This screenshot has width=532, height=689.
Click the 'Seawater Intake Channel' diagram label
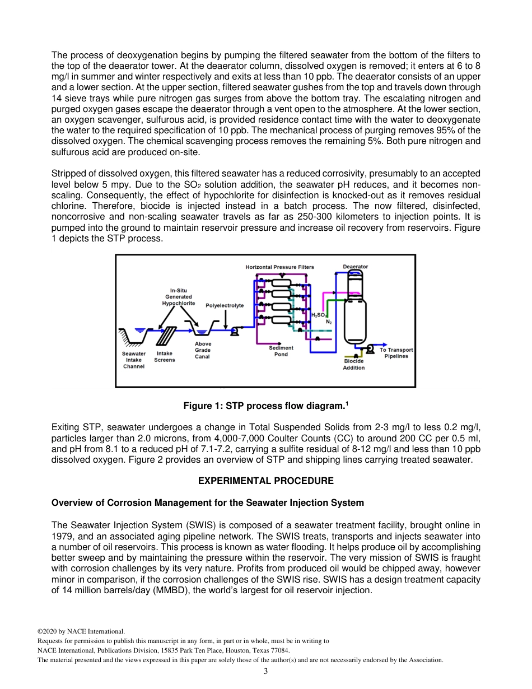tap(134, 360)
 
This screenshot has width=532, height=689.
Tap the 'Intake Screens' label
tap(165, 356)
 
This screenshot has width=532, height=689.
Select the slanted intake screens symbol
tap(166, 336)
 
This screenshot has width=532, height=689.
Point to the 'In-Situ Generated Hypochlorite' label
tap(178, 296)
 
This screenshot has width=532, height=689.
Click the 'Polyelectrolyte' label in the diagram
tap(225, 305)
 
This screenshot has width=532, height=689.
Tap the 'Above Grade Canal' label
tap(203, 350)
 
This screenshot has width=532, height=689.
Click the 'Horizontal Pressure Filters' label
tap(279, 267)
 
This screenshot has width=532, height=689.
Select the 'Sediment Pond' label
tap(281, 351)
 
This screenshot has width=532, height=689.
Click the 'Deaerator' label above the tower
tap(355, 267)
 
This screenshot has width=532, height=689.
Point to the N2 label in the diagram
tap(329, 322)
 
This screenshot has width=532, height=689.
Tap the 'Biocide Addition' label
tap(353, 364)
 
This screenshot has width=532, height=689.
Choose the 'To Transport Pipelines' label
tap(396, 353)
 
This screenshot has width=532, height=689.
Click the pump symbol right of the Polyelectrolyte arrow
tap(235, 332)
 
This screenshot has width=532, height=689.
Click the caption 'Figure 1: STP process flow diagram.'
tap(266, 406)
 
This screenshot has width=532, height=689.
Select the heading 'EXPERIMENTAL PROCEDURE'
tap(266, 481)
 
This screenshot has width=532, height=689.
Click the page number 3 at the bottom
tap(265, 671)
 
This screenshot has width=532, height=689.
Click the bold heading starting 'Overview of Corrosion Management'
tap(207, 502)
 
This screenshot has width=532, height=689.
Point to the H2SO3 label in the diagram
tap(318, 315)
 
